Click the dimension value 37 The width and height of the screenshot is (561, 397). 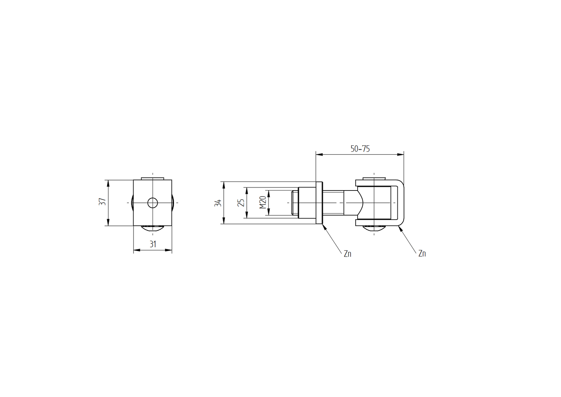click(x=103, y=202)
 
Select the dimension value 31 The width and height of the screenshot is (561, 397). click(x=153, y=244)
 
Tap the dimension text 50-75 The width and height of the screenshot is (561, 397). click(x=360, y=149)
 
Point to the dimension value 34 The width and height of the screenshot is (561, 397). click(x=218, y=203)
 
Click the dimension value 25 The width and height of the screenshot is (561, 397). click(x=241, y=203)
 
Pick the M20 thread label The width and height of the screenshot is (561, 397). click(x=263, y=203)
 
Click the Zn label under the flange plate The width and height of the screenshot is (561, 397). click(x=347, y=254)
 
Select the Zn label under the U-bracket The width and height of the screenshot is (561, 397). click(x=422, y=254)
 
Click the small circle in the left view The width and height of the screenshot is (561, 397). click(x=153, y=203)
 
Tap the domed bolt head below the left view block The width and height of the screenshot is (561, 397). click(x=153, y=228)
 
